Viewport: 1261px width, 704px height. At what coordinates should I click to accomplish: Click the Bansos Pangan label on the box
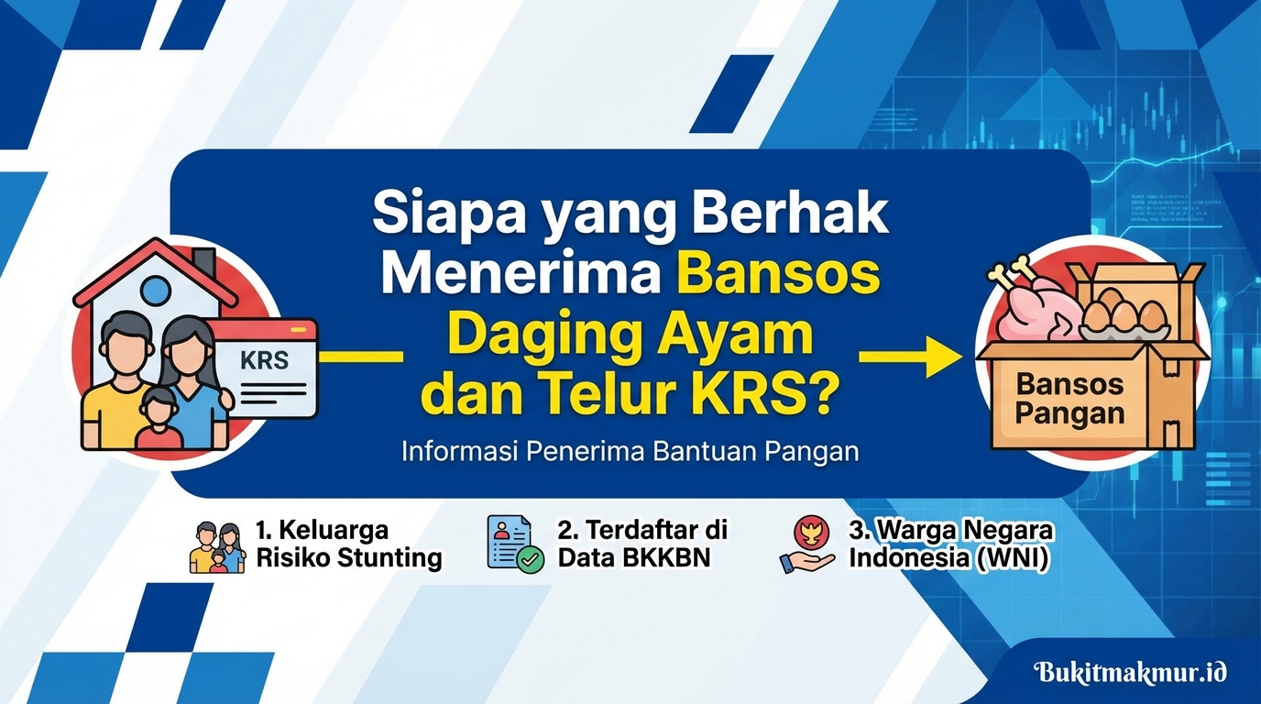pyautogui.click(x=1069, y=398)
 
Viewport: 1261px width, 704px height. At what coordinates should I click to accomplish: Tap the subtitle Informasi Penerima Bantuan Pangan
pyautogui.click(x=630, y=451)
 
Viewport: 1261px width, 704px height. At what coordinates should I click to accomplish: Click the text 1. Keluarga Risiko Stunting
pyautogui.click(x=348, y=544)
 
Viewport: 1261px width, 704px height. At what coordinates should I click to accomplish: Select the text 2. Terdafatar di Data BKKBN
pyautogui.click(x=641, y=544)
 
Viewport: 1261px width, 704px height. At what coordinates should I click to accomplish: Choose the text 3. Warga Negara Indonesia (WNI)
pyautogui.click(x=950, y=544)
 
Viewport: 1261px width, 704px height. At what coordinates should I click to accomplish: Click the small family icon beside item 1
pyautogui.click(x=217, y=547)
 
